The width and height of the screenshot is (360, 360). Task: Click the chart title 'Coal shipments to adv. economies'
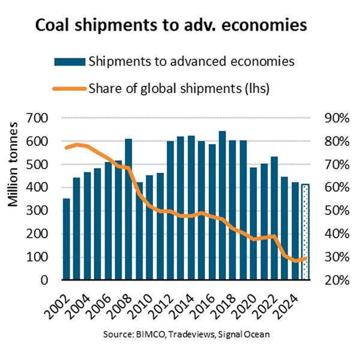tap(179, 26)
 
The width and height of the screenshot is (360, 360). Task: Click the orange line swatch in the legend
tap(69, 89)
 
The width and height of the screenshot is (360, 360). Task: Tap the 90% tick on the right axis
tap(336, 118)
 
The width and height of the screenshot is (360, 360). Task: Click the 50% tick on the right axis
tap(336, 211)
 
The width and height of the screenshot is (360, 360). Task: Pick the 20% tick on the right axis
tap(336, 280)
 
